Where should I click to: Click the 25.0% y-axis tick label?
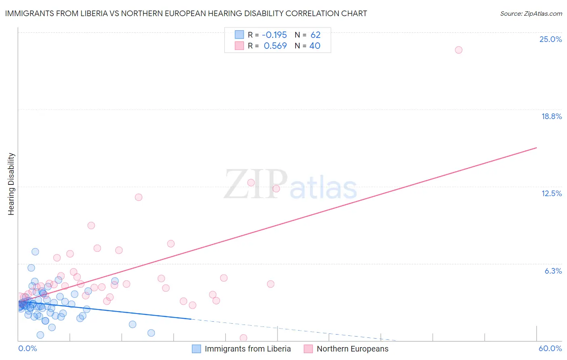click(550, 39)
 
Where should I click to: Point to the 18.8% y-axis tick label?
click(551, 116)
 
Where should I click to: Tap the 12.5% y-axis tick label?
click(551, 193)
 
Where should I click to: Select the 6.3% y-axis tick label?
click(553, 271)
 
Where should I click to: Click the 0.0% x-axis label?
click(27, 348)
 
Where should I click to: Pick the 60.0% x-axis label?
click(550, 348)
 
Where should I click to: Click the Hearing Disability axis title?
click(11, 184)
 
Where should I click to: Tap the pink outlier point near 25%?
click(459, 50)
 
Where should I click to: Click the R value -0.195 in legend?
click(274, 35)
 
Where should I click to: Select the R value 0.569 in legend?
click(275, 46)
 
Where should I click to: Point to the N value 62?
click(315, 35)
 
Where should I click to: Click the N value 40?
click(315, 46)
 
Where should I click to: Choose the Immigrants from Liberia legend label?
click(248, 349)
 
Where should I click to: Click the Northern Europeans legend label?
click(352, 349)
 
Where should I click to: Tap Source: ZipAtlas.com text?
click(531, 14)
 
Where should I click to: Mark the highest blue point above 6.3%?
click(35, 251)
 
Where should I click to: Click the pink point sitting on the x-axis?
click(243, 338)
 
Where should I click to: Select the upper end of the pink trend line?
click(536, 148)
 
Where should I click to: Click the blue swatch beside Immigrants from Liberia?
click(196, 349)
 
